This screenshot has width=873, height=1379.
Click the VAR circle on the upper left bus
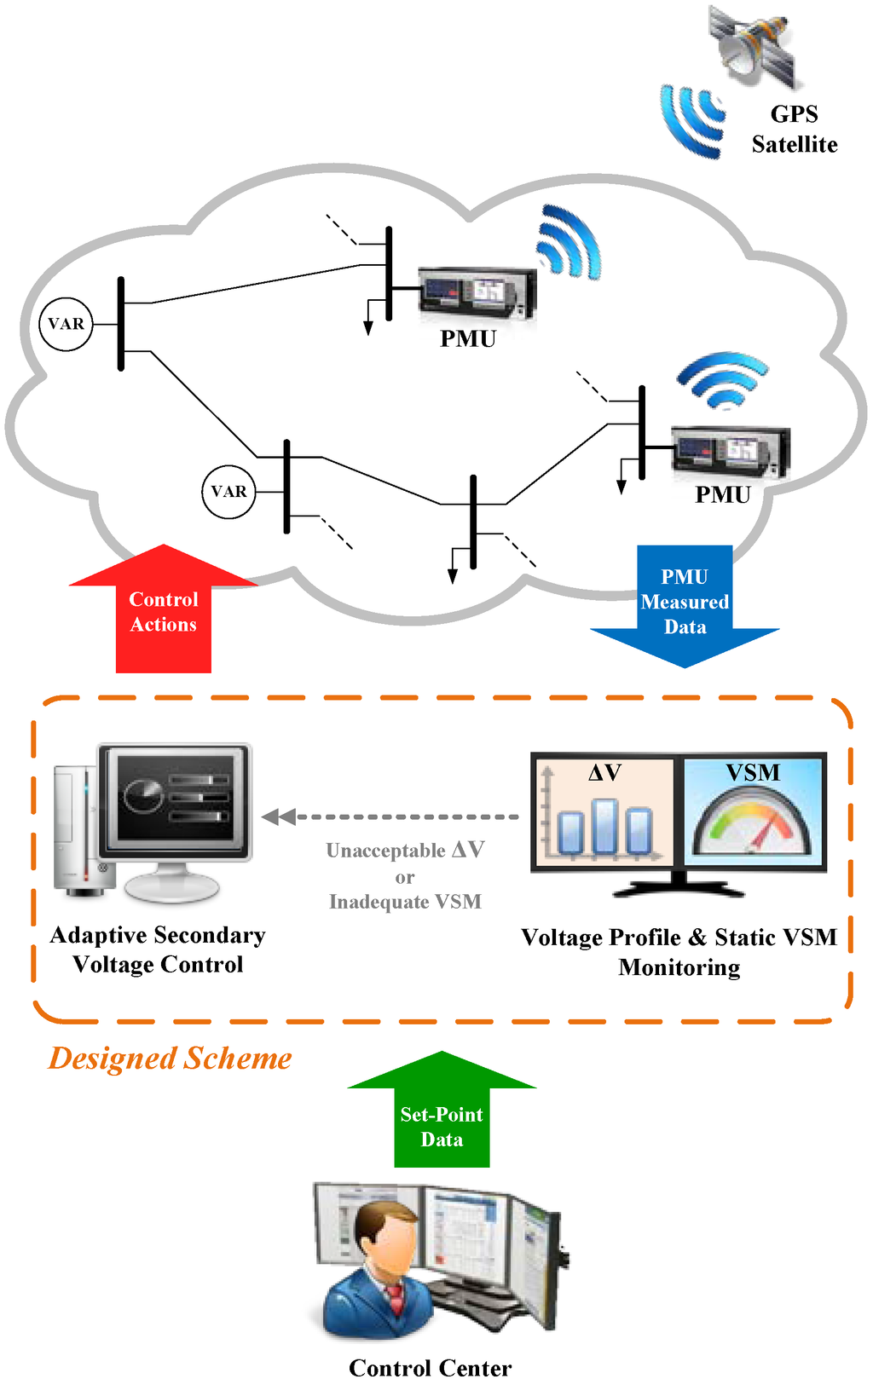66,324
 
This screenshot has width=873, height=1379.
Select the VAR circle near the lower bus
228,492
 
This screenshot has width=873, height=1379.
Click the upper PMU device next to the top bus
477,293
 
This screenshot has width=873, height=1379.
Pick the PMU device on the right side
731,451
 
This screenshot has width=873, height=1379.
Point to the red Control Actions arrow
163,610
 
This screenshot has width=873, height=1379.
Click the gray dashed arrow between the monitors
392,816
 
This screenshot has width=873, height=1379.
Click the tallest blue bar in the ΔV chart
604,826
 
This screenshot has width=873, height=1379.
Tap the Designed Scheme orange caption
170,1058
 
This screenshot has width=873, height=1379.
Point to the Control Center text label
430,1366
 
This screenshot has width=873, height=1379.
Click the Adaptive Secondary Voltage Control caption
158,949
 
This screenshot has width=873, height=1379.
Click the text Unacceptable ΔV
405,851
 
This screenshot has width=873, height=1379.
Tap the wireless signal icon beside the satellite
691,120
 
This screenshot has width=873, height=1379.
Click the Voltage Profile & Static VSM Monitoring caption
679,952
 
